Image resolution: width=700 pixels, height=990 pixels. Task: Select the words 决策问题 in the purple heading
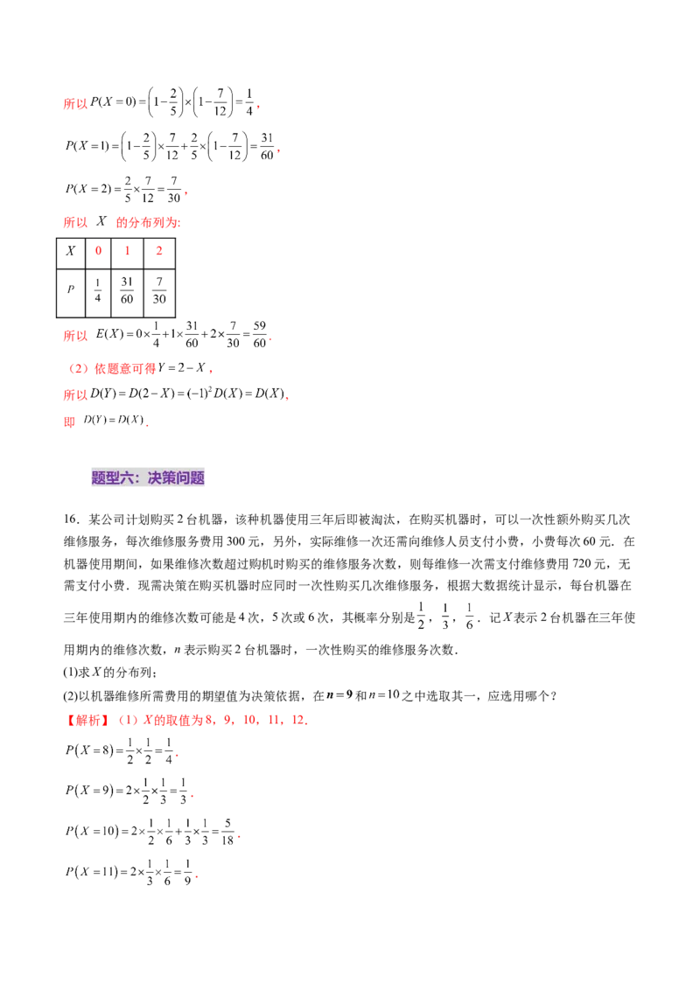point(176,478)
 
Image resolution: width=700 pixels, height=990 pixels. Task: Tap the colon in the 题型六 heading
point(141,478)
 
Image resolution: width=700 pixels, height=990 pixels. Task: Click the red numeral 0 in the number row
point(98,252)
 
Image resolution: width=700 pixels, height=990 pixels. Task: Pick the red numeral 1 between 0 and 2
point(128,252)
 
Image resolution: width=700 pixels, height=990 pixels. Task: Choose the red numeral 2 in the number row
point(158,252)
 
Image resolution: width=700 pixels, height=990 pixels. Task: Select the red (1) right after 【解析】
point(128,722)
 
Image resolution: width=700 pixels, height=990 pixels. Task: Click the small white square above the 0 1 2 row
point(108,227)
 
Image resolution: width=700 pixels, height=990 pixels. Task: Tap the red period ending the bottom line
point(200,877)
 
